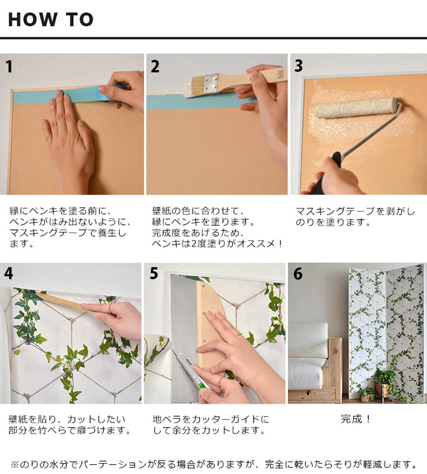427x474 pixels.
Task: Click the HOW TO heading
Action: [51, 19]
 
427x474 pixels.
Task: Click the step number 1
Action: [8, 66]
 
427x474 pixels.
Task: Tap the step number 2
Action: [155, 66]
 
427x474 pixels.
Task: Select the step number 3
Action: [299, 66]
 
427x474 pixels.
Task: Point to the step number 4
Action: [8, 273]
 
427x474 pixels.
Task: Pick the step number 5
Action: [154, 273]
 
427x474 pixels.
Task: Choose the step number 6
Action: [298, 273]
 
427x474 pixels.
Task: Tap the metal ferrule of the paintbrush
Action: [211, 82]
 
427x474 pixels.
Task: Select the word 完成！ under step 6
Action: [356, 419]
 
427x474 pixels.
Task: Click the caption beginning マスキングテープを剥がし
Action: [355, 216]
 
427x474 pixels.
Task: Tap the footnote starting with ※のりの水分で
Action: [213, 464]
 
